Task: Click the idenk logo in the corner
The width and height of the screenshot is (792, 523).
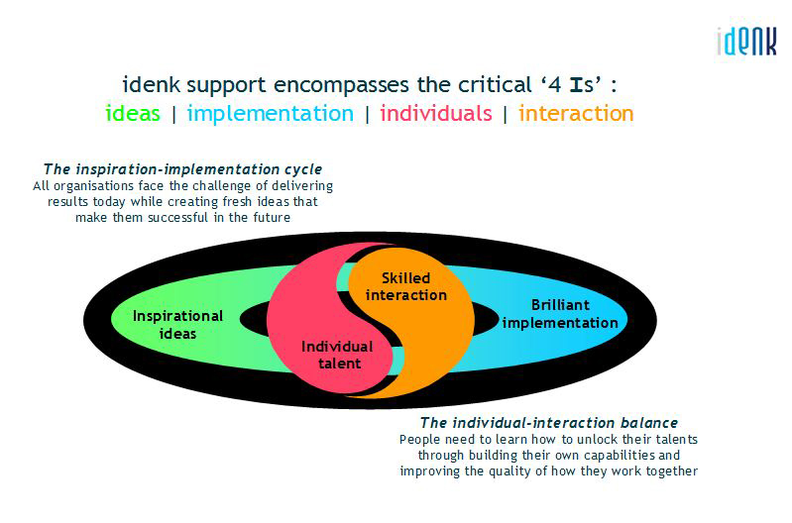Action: [746, 42]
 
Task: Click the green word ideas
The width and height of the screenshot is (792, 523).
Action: [133, 113]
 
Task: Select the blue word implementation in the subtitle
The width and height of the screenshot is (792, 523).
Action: [271, 114]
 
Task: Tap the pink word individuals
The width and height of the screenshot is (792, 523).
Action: [436, 113]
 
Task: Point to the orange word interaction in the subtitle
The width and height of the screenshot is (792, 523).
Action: [576, 113]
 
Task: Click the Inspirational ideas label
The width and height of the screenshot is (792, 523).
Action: [177, 325]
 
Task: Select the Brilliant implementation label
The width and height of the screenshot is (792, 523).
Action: [560, 314]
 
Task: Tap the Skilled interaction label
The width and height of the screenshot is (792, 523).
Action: [406, 286]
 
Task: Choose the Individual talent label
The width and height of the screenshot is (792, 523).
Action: [337, 355]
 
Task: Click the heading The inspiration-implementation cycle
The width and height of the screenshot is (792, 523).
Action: [182, 169]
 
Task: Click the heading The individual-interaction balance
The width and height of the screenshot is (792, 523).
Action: [549, 423]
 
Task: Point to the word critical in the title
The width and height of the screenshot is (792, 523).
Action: [495, 85]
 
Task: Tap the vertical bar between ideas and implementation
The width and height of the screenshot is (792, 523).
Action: [174, 115]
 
